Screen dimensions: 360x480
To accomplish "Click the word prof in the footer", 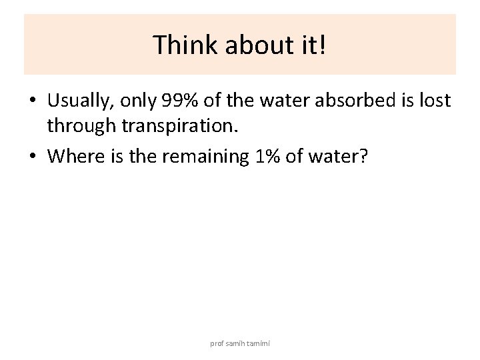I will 217,343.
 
